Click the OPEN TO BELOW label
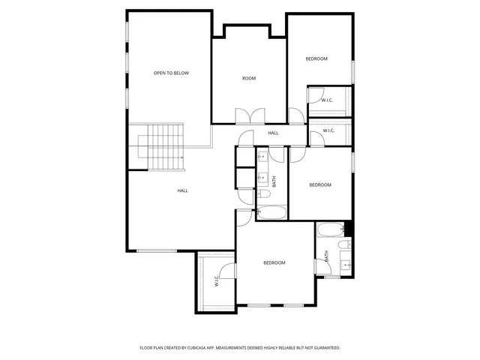[171, 73]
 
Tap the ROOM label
[249, 78]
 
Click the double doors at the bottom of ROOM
[249, 116]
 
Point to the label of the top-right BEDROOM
[316, 58]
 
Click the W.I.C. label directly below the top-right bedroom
[327, 100]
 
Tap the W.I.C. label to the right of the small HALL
[328, 131]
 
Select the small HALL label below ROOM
[273, 133]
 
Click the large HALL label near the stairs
[182, 190]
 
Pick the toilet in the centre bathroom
[264, 194]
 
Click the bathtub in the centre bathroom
[271, 212]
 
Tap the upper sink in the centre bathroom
[263, 158]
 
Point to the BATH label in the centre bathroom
[274, 181]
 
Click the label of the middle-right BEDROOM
[320, 184]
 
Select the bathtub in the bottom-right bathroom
[330, 230]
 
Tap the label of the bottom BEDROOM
[274, 262]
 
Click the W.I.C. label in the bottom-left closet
[216, 281]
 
